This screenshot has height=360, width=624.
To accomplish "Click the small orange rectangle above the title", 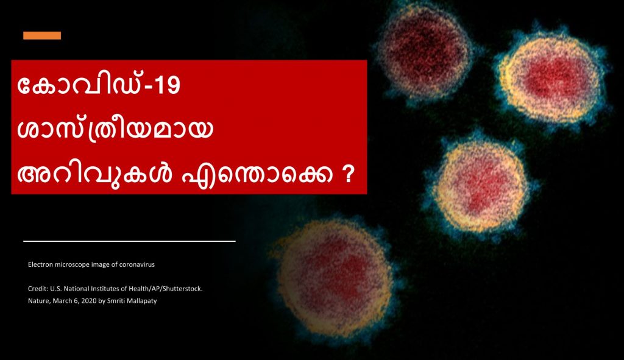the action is (42, 35).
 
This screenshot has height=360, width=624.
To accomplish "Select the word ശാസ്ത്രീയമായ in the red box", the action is (115, 130).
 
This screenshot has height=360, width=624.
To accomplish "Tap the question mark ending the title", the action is (348, 174).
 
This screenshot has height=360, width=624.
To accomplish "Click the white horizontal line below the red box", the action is (129, 241).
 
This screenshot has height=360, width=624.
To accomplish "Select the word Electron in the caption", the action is (40, 264).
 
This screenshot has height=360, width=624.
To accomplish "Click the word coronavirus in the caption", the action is (137, 264).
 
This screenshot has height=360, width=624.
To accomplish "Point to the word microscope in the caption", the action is (72, 265).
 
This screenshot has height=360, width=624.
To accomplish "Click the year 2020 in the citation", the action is (89, 301).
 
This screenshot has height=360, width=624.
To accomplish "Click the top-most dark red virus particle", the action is (425, 51).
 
